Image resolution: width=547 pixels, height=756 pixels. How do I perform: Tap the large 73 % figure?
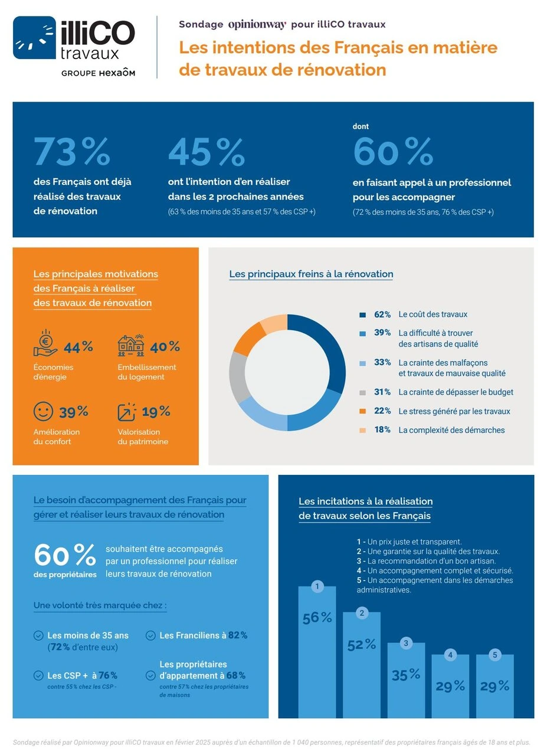tap(72, 152)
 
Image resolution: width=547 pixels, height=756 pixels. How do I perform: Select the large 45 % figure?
tap(206, 152)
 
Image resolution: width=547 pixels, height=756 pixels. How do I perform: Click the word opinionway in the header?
tap(257, 24)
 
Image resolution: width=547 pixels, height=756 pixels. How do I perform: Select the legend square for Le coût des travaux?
tap(362, 315)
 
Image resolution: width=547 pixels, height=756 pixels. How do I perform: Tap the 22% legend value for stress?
tap(382, 411)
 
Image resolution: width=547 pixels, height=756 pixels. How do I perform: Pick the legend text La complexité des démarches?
tap(451, 430)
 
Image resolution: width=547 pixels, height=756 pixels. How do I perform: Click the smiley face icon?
tap(43, 411)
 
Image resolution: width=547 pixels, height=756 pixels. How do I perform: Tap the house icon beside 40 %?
tap(131, 346)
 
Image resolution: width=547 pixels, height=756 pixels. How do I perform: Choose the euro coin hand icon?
tap(45, 344)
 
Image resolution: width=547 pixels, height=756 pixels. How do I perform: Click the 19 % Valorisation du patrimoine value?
tap(156, 411)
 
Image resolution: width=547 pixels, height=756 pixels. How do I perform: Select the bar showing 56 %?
tap(317, 650)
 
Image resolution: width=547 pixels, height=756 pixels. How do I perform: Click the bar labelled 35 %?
tap(406, 679)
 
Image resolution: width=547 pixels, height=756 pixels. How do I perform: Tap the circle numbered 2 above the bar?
tap(362, 612)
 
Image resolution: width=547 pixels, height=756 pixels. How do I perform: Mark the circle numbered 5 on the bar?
tap(495, 654)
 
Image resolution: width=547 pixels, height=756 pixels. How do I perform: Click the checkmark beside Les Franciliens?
tap(150, 636)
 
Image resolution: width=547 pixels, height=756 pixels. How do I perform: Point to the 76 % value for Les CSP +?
tap(107, 675)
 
